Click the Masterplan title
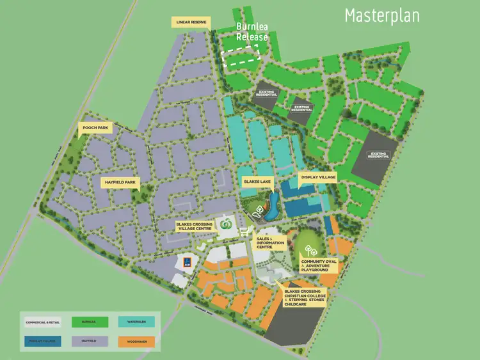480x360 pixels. [x=382, y=15]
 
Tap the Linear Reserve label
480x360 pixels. [x=191, y=22]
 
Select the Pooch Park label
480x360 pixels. [x=95, y=129]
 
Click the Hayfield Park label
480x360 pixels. [x=120, y=182]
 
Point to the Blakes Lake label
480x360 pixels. [x=257, y=182]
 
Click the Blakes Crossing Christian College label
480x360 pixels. [x=305, y=298]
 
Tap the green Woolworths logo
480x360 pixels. [x=225, y=224]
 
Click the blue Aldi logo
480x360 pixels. [x=186, y=262]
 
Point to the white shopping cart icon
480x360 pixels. [x=244, y=231]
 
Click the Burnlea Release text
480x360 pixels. [x=251, y=32]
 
